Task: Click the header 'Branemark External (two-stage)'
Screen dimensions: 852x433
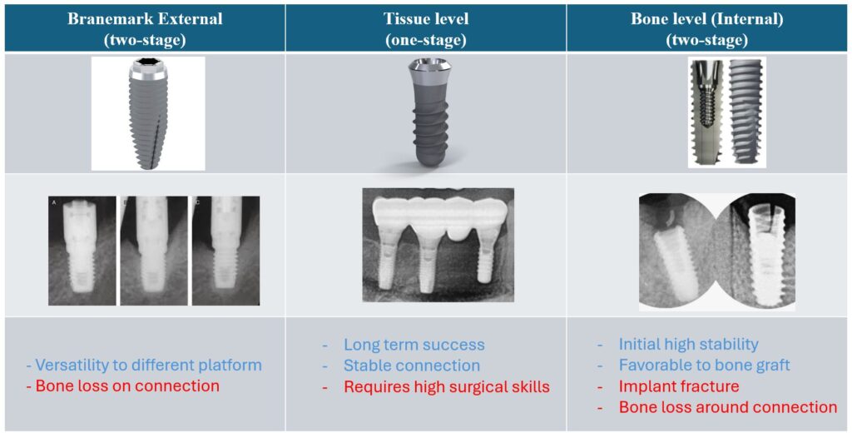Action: click(145, 29)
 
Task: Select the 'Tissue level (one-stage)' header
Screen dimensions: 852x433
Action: click(426, 29)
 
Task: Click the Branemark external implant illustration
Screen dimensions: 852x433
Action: click(148, 114)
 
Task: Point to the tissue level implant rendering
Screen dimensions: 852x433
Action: click(426, 113)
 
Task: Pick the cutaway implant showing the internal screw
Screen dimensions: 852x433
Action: click(707, 112)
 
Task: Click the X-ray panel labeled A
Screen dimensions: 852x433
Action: click(82, 251)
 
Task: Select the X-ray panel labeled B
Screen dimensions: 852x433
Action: click(154, 251)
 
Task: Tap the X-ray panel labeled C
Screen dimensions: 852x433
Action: click(225, 251)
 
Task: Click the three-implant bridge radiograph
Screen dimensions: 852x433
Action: click(438, 245)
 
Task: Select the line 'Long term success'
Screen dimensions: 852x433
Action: click(414, 345)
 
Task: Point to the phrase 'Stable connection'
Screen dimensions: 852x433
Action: click(412, 366)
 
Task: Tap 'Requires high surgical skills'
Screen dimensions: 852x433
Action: click(447, 386)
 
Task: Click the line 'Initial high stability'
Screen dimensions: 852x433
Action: click(688, 345)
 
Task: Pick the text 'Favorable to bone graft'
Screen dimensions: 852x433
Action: click(704, 365)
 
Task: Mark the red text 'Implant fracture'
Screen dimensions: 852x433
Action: click(679, 386)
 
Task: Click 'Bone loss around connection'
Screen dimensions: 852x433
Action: click(727, 407)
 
